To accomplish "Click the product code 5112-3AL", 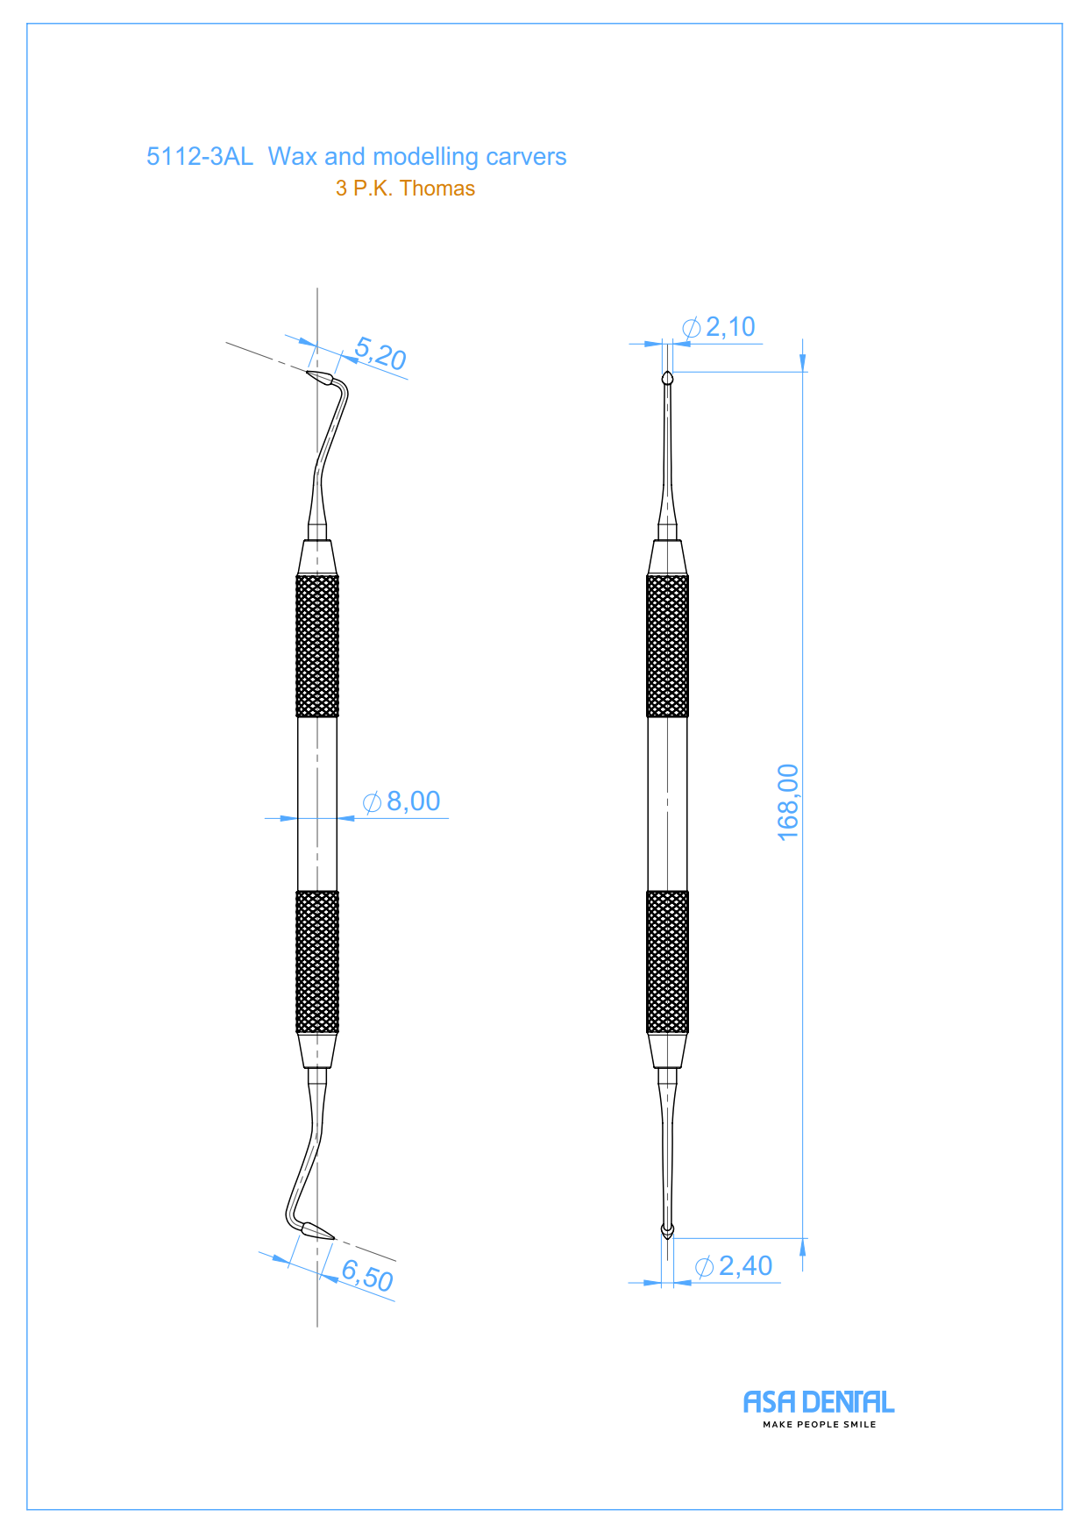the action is click(x=199, y=157).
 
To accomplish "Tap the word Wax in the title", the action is click(x=293, y=157).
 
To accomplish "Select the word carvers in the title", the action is click(x=526, y=157).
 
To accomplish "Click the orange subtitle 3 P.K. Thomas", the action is click(x=405, y=189).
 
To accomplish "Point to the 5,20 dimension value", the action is click(x=380, y=353).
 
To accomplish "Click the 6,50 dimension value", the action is click(x=367, y=1275).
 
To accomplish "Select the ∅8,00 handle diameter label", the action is click(x=401, y=801).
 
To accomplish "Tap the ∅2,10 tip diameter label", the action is click(x=719, y=327).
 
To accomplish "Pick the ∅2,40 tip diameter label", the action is click(x=734, y=1266).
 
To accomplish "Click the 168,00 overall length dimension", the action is click(x=788, y=802).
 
